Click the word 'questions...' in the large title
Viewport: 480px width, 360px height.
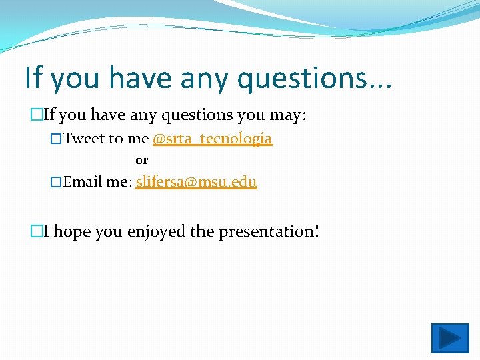[315, 78]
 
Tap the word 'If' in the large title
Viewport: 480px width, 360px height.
[33, 77]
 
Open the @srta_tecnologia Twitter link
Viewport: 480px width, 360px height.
[212, 139]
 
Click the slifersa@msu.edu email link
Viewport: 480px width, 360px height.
[196, 181]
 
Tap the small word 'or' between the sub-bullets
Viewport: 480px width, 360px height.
[141, 160]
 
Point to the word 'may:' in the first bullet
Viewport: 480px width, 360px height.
[287, 115]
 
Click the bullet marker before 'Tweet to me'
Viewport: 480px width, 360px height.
[56, 139]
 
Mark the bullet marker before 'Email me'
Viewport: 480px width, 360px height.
[56, 181]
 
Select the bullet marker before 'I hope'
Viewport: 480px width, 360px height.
[37, 231]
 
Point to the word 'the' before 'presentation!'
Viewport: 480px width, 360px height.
[202, 231]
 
